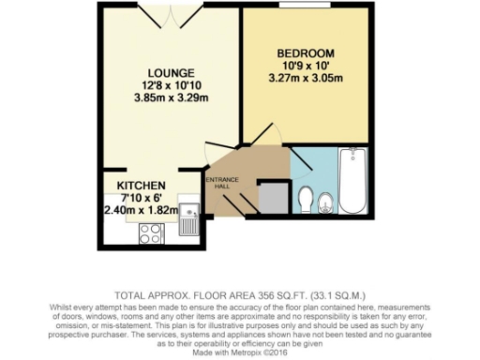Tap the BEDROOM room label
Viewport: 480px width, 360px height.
tap(306, 53)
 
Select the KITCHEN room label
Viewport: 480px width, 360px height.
tap(142, 186)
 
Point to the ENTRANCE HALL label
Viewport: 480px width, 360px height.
tap(223, 182)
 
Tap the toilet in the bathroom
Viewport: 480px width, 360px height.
tap(305, 198)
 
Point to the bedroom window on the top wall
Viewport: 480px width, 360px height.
tap(307, 6)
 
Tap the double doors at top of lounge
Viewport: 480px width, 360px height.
tap(172, 8)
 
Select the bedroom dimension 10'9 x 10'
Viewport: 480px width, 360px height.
tap(306, 66)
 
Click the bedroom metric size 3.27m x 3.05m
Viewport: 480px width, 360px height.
tap(306, 78)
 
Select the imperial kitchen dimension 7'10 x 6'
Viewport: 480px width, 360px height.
tap(142, 198)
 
